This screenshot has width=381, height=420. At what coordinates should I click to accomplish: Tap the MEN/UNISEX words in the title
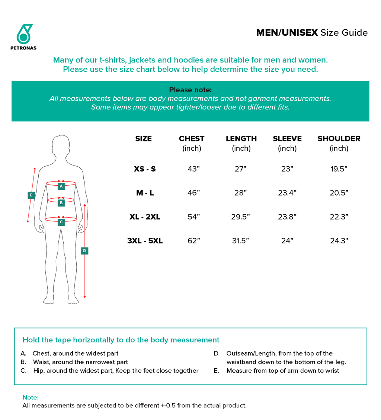coord(287,33)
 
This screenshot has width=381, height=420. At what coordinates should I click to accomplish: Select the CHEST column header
coord(192,139)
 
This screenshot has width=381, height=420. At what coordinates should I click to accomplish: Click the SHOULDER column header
coord(339,139)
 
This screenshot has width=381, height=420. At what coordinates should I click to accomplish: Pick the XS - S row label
coord(145,169)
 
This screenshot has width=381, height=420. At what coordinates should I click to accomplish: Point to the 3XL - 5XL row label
coord(145,241)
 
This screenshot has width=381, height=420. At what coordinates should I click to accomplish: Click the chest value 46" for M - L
coord(194,193)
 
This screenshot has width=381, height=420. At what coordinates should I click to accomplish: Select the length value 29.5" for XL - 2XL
coord(240,217)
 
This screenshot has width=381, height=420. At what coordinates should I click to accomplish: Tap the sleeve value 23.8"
coord(287,217)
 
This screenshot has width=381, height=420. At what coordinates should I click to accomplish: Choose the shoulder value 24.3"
coord(339,241)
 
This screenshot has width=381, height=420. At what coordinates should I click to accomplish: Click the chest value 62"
coord(194,241)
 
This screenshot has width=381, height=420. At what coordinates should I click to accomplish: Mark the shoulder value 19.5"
coord(339,169)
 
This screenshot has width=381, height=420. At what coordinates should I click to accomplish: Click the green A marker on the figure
coord(61,186)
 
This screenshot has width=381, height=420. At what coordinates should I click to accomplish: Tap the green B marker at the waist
coord(61,203)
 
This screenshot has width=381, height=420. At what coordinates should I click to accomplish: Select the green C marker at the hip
coord(61,222)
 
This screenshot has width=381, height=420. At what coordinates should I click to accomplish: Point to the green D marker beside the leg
coord(85,251)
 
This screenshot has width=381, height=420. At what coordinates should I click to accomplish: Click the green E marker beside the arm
coord(31,195)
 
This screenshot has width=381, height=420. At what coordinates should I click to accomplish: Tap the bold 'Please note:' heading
coord(190,90)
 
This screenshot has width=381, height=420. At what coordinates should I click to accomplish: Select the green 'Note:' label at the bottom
coord(31,397)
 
